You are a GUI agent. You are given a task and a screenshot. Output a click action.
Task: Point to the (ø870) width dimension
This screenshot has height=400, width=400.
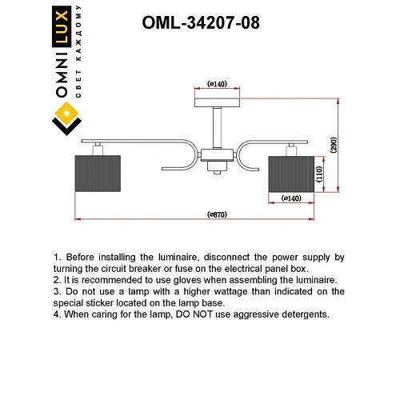[218, 214]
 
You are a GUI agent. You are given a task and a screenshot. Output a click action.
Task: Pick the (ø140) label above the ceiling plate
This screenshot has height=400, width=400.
[218, 83]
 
